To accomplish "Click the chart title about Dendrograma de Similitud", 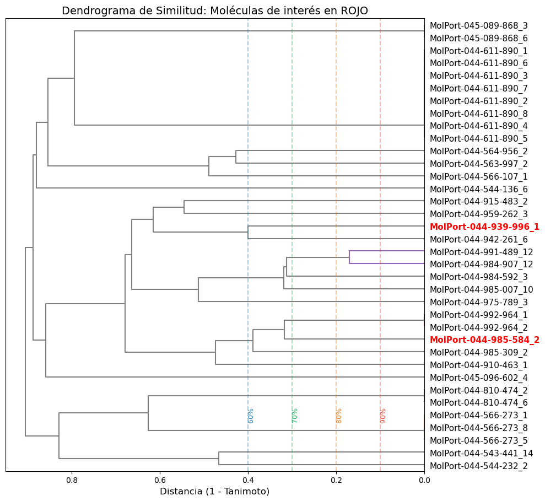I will tap(215, 10).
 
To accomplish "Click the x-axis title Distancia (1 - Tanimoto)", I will tap(214, 491).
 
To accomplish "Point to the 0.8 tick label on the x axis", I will tap(72, 480).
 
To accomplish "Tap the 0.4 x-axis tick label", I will tap(248, 480).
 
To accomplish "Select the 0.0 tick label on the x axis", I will tap(424, 480).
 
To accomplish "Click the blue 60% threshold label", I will tap(251, 416).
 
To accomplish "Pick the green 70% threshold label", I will tap(295, 416).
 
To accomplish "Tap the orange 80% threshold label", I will tap(339, 416).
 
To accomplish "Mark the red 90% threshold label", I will tap(383, 416).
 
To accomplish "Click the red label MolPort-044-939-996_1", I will tap(484, 227).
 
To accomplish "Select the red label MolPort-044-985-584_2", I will tap(484, 340).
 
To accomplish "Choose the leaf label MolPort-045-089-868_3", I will tap(478, 25).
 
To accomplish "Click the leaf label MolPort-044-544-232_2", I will tap(478, 466).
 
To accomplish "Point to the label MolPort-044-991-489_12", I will tap(481, 252).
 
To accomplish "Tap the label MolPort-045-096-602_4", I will tap(478, 378).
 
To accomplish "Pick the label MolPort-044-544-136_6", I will tap(478, 189).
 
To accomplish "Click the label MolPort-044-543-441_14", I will tap(481, 453).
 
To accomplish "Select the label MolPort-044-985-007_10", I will tap(481, 289).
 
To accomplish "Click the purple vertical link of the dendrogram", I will tap(349, 257).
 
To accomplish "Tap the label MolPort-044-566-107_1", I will tap(478, 176).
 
